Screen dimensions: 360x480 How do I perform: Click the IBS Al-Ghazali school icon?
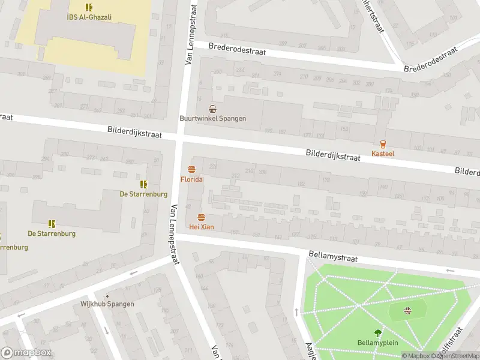pyautogui.click(x=89, y=7)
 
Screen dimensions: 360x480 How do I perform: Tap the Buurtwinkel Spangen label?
pyautogui.click(x=212, y=118)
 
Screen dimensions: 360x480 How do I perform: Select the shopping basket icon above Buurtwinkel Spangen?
pyautogui.click(x=212, y=109)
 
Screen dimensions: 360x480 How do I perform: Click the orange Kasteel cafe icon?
pyautogui.click(x=383, y=143)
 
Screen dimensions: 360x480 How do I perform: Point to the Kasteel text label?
pyautogui.click(x=383, y=154)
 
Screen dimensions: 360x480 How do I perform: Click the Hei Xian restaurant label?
pyautogui.click(x=201, y=227)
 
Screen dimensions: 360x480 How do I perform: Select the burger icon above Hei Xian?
pyautogui.click(x=201, y=217)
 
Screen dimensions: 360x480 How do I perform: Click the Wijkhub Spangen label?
pyautogui.click(x=107, y=304)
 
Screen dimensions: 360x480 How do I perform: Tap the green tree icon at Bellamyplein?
pyautogui.click(x=378, y=333)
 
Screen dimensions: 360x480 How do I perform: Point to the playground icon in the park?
pyautogui.click(x=408, y=310)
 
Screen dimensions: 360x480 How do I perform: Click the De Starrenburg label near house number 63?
pyautogui.click(x=143, y=193)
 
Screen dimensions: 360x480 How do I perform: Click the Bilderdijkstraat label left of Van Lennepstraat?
pyautogui.click(x=135, y=131)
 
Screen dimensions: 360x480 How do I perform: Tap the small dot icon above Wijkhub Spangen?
pyautogui.click(x=107, y=296)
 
